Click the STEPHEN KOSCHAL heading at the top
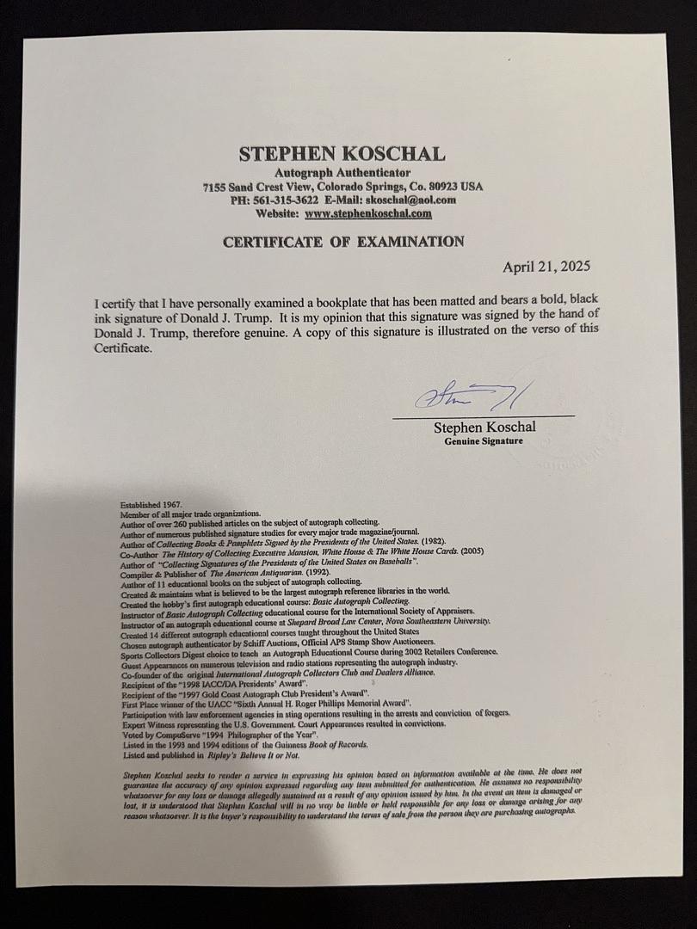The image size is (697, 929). [x=342, y=155]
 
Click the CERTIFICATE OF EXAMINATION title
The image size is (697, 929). [x=343, y=242]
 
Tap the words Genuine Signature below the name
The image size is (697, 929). [x=483, y=441]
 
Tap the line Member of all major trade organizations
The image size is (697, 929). [x=183, y=514]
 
